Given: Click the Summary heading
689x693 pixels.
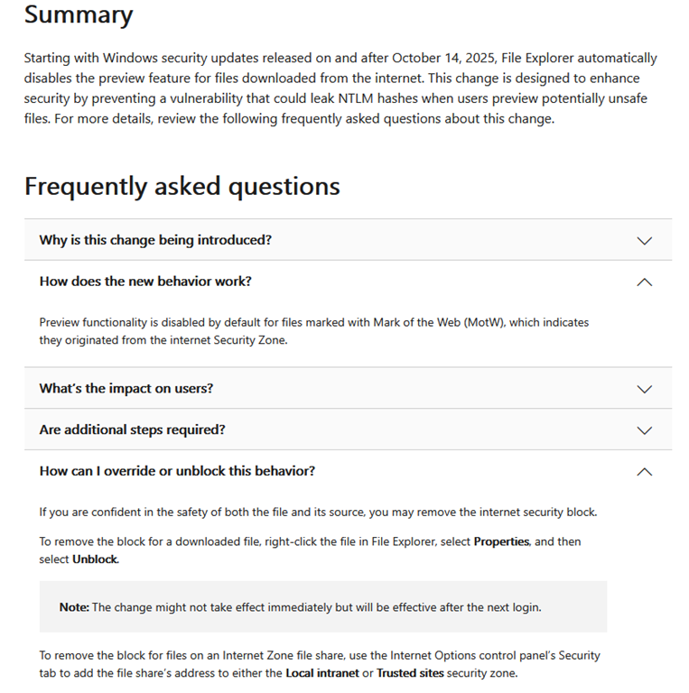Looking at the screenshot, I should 78,15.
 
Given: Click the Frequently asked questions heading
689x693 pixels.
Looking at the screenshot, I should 182,186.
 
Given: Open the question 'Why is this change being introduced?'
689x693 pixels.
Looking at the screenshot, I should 155,240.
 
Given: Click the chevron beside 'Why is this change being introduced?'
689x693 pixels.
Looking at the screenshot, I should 644,241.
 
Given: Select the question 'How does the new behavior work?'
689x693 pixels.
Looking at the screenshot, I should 145,282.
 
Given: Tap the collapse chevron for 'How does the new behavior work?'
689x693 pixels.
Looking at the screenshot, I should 644,282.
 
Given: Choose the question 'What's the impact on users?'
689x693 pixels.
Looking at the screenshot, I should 126,389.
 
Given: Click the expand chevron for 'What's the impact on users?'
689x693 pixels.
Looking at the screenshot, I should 644,389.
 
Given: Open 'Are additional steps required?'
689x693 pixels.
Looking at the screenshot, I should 132,430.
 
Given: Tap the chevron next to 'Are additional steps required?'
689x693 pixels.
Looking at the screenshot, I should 644,430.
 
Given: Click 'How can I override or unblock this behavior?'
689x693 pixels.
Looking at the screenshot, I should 177,471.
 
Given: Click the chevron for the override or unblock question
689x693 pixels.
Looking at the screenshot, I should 644,472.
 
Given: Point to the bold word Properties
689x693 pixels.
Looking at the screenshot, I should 501,541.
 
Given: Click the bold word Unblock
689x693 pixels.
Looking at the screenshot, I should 95,559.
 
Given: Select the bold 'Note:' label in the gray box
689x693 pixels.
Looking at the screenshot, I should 74,607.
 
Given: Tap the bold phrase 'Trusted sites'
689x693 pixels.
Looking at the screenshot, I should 410,672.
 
